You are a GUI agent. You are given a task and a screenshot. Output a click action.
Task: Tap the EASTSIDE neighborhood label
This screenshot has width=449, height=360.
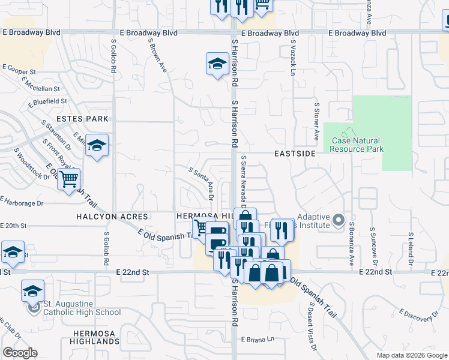pos(295,154)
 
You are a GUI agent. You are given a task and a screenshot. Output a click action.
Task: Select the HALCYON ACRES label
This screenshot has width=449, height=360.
pos(112,216)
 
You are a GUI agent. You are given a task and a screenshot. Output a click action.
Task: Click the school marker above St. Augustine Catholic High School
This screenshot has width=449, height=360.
pos(33,292)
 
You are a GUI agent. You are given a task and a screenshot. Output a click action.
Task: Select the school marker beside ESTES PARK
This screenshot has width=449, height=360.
pos(96,146)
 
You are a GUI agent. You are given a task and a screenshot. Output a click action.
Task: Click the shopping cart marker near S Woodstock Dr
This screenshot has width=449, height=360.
pos(69,178)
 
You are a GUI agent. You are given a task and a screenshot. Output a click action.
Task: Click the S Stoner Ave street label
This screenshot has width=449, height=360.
pos(316,116)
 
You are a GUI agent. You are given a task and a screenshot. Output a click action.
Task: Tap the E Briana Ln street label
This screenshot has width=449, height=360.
pos(258,339)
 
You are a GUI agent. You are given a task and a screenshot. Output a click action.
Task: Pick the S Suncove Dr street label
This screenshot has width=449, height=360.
pos(373,247)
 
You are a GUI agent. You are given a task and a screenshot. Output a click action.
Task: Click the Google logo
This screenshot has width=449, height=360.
pos(20,353)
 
